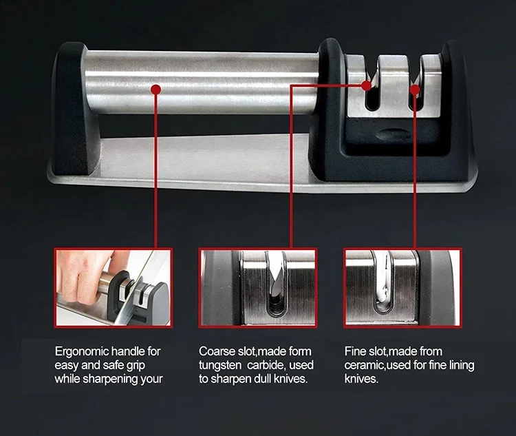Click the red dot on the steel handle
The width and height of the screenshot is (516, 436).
[x=156, y=88]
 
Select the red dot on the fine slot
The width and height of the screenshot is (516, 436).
[x=415, y=88]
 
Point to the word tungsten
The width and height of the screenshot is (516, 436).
[x=221, y=365]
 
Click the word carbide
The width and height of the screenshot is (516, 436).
[x=274, y=365]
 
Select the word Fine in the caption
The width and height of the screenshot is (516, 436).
[x=356, y=351]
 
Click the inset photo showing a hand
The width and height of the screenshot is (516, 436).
[x=114, y=287]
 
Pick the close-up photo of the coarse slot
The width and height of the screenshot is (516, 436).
[x=258, y=287]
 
